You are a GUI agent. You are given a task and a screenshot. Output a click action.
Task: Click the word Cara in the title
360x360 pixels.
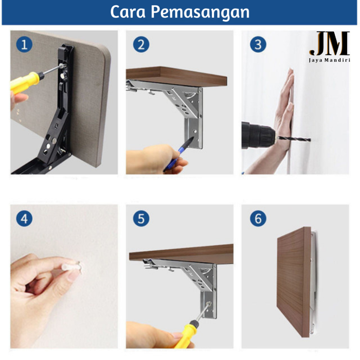[x=128, y=12]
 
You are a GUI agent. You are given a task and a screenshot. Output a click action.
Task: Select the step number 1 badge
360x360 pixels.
[x=24, y=45]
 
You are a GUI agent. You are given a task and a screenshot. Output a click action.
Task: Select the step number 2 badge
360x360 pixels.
[x=141, y=45]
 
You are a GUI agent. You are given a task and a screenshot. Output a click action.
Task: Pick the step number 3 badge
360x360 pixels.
[x=258, y=45]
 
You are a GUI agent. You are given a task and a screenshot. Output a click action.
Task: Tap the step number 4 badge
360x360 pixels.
[x=24, y=219]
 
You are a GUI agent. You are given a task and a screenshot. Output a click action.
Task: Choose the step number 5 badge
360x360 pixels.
[x=141, y=219]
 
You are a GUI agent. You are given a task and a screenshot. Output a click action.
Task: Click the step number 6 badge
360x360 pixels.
[x=258, y=219]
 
